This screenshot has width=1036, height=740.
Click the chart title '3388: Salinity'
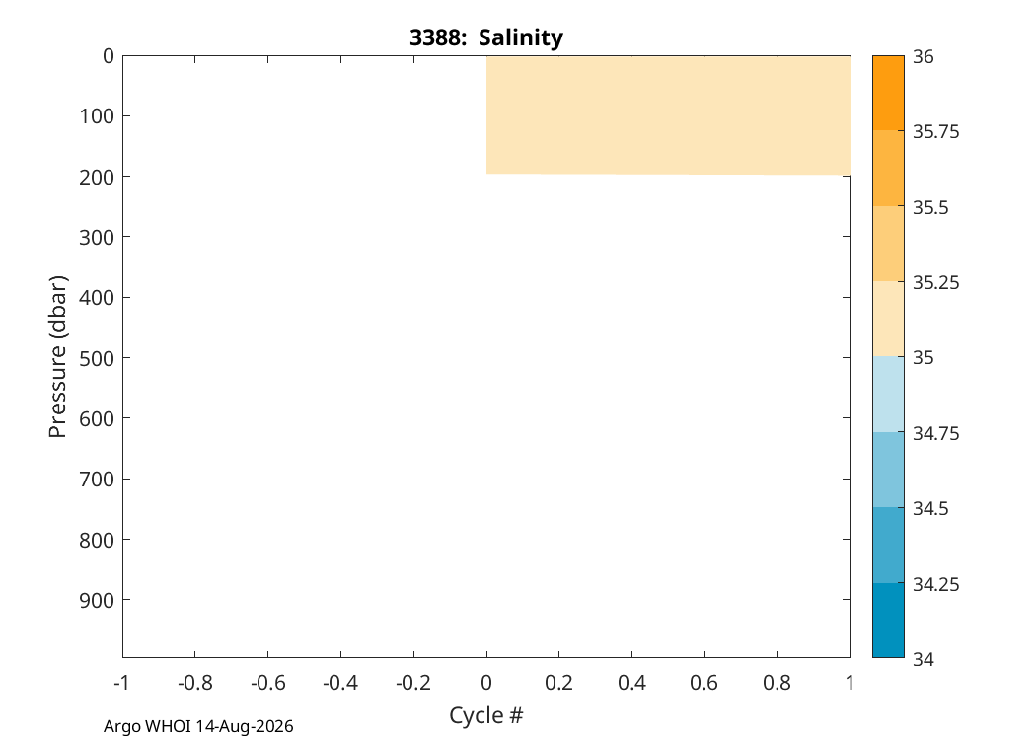(486, 37)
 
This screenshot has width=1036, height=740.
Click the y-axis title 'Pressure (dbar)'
(58, 357)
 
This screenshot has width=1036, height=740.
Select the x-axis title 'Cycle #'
(486, 715)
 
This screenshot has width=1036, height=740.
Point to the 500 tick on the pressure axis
(123, 357)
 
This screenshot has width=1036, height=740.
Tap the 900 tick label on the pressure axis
(97, 600)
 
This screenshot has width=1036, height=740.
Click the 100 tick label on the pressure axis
(97, 116)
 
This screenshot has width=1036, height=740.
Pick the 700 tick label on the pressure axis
(97, 479)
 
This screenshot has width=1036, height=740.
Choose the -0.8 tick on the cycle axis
(195, 654)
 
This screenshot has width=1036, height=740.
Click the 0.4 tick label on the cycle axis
(631, 683)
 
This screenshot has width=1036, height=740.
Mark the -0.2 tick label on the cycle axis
(413, 683)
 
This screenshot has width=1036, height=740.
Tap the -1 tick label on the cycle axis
(121, 683)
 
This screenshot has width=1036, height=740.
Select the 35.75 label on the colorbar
(935, 132)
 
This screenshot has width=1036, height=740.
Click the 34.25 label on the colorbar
(935, 585)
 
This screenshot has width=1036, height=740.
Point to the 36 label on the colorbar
(924, 57)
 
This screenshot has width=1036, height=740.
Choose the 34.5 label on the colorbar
(930, 509)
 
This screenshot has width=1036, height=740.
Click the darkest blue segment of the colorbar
(888, 621)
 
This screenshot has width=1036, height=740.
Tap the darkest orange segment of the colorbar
(888, 93)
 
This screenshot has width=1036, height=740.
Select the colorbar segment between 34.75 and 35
(888, 395)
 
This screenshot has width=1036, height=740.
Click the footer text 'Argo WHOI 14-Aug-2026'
(198, 727)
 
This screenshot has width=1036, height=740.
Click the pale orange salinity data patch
(668, 115)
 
